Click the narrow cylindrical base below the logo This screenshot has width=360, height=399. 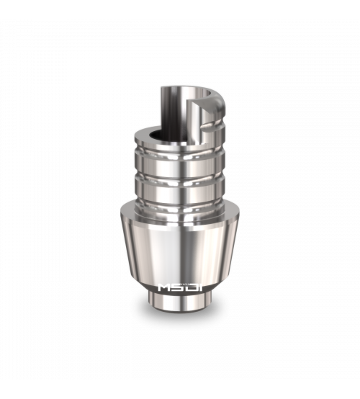click(x=180, y=302)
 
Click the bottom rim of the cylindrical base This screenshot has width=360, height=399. click(x=180, y=311)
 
